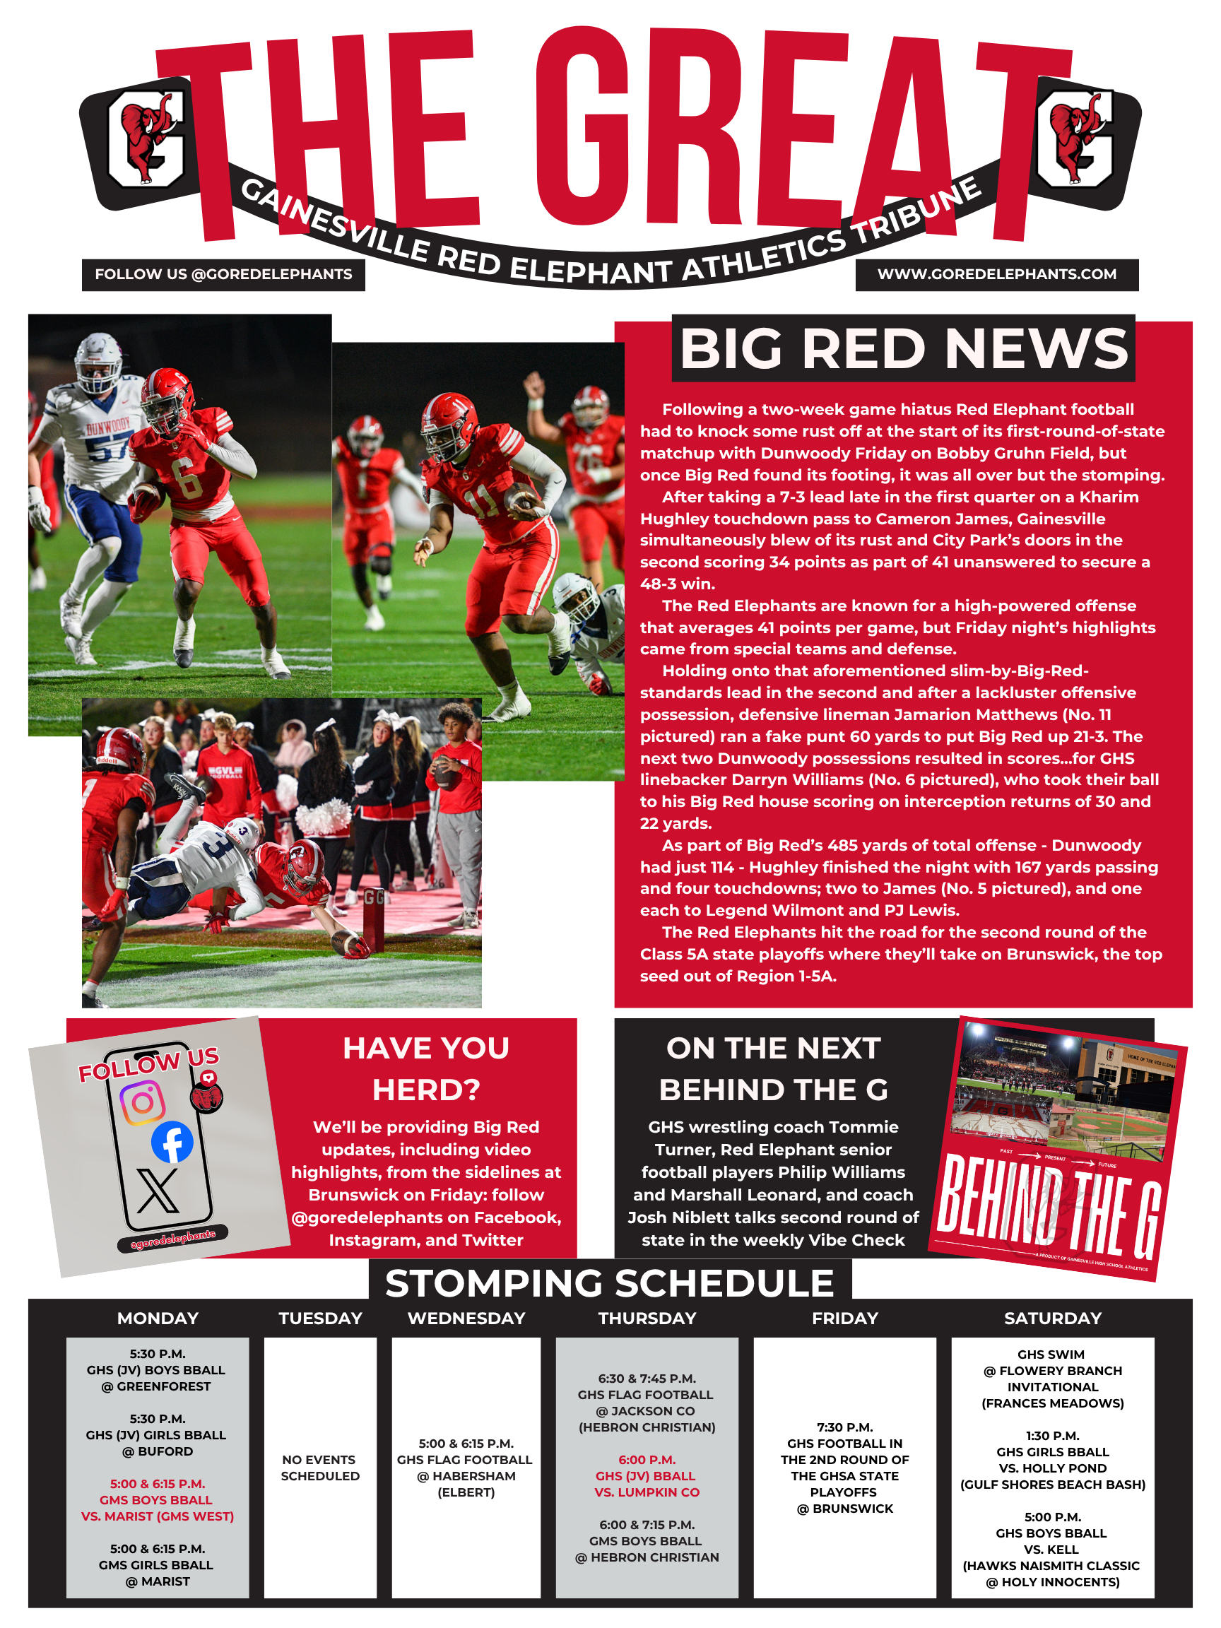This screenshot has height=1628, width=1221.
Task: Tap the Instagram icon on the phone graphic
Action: tap(143, 1102)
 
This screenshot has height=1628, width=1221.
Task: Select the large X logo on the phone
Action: tap(158, 1191)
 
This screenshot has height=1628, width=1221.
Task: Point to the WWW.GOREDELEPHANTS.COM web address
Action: tap(996, 275)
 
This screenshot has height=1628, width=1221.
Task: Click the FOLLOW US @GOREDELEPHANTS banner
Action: tap(223, 275)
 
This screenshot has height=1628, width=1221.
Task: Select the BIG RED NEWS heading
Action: tap(903, 348)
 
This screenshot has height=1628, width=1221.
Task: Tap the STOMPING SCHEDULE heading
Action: tap(609, 1282)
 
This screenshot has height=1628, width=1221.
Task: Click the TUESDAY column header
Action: tap(320, 1318)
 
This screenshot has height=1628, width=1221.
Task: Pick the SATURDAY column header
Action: tap(1052, 1318)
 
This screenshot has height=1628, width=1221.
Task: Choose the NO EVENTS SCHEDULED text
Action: tap(320, 1468)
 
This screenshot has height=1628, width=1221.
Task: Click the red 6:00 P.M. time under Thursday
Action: tap(647, 1459)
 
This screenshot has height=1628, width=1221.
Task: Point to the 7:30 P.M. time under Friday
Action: tap(845, 1427)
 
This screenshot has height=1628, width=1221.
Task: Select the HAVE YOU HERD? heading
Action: tap(426, 1068)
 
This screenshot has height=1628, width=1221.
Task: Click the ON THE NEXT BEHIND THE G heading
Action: tap(774, 1068)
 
